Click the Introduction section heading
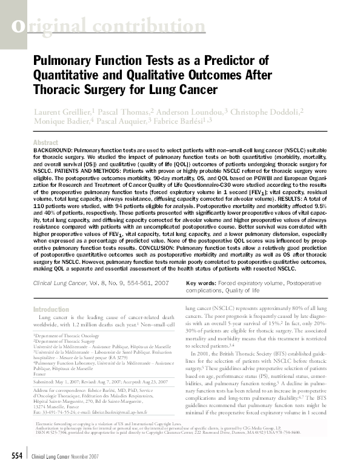[52, 309]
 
